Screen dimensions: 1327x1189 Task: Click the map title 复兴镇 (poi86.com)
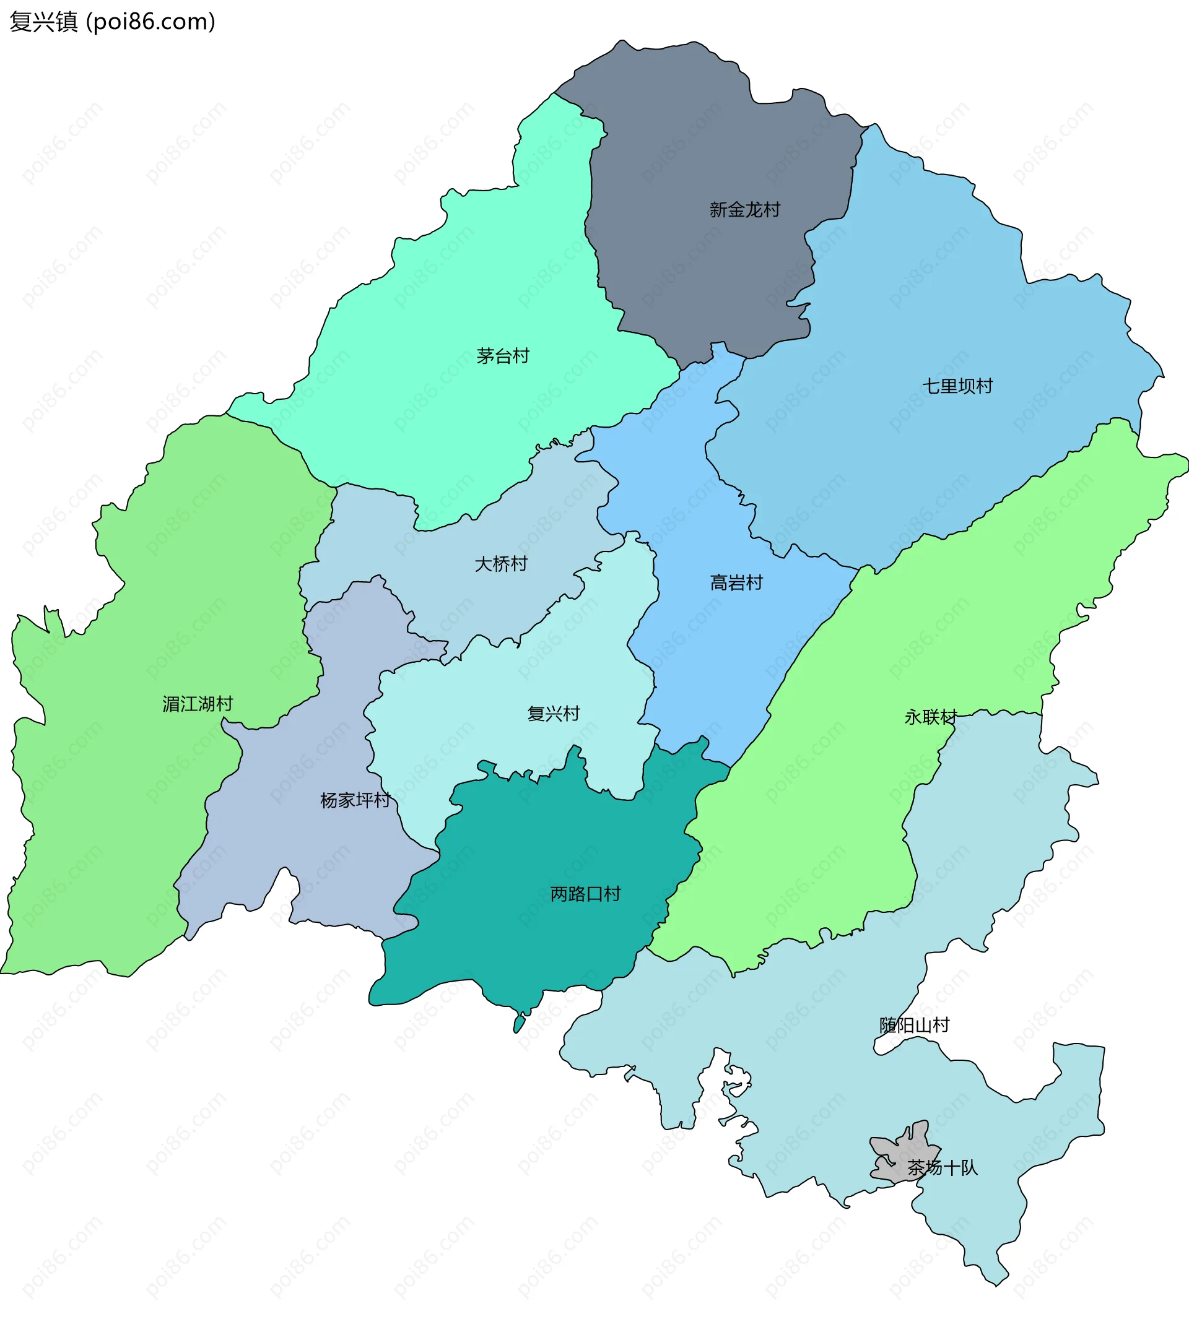tap(111, 22)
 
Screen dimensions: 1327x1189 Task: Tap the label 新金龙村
tap(744, 210)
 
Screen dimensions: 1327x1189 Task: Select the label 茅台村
tap(502, 356)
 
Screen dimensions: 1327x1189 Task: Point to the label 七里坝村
tap(957, 386)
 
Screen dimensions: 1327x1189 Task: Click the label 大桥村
tap(500, 564)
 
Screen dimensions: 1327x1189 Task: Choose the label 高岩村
tap(736, 582)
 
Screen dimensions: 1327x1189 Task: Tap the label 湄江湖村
tap(198, 704)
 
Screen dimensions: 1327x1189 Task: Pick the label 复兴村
tap(554, 714)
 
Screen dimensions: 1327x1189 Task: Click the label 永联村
tap(930, 717)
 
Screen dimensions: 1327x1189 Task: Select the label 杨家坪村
tap(355, 800)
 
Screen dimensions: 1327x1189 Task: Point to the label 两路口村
tap(585, 894)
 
